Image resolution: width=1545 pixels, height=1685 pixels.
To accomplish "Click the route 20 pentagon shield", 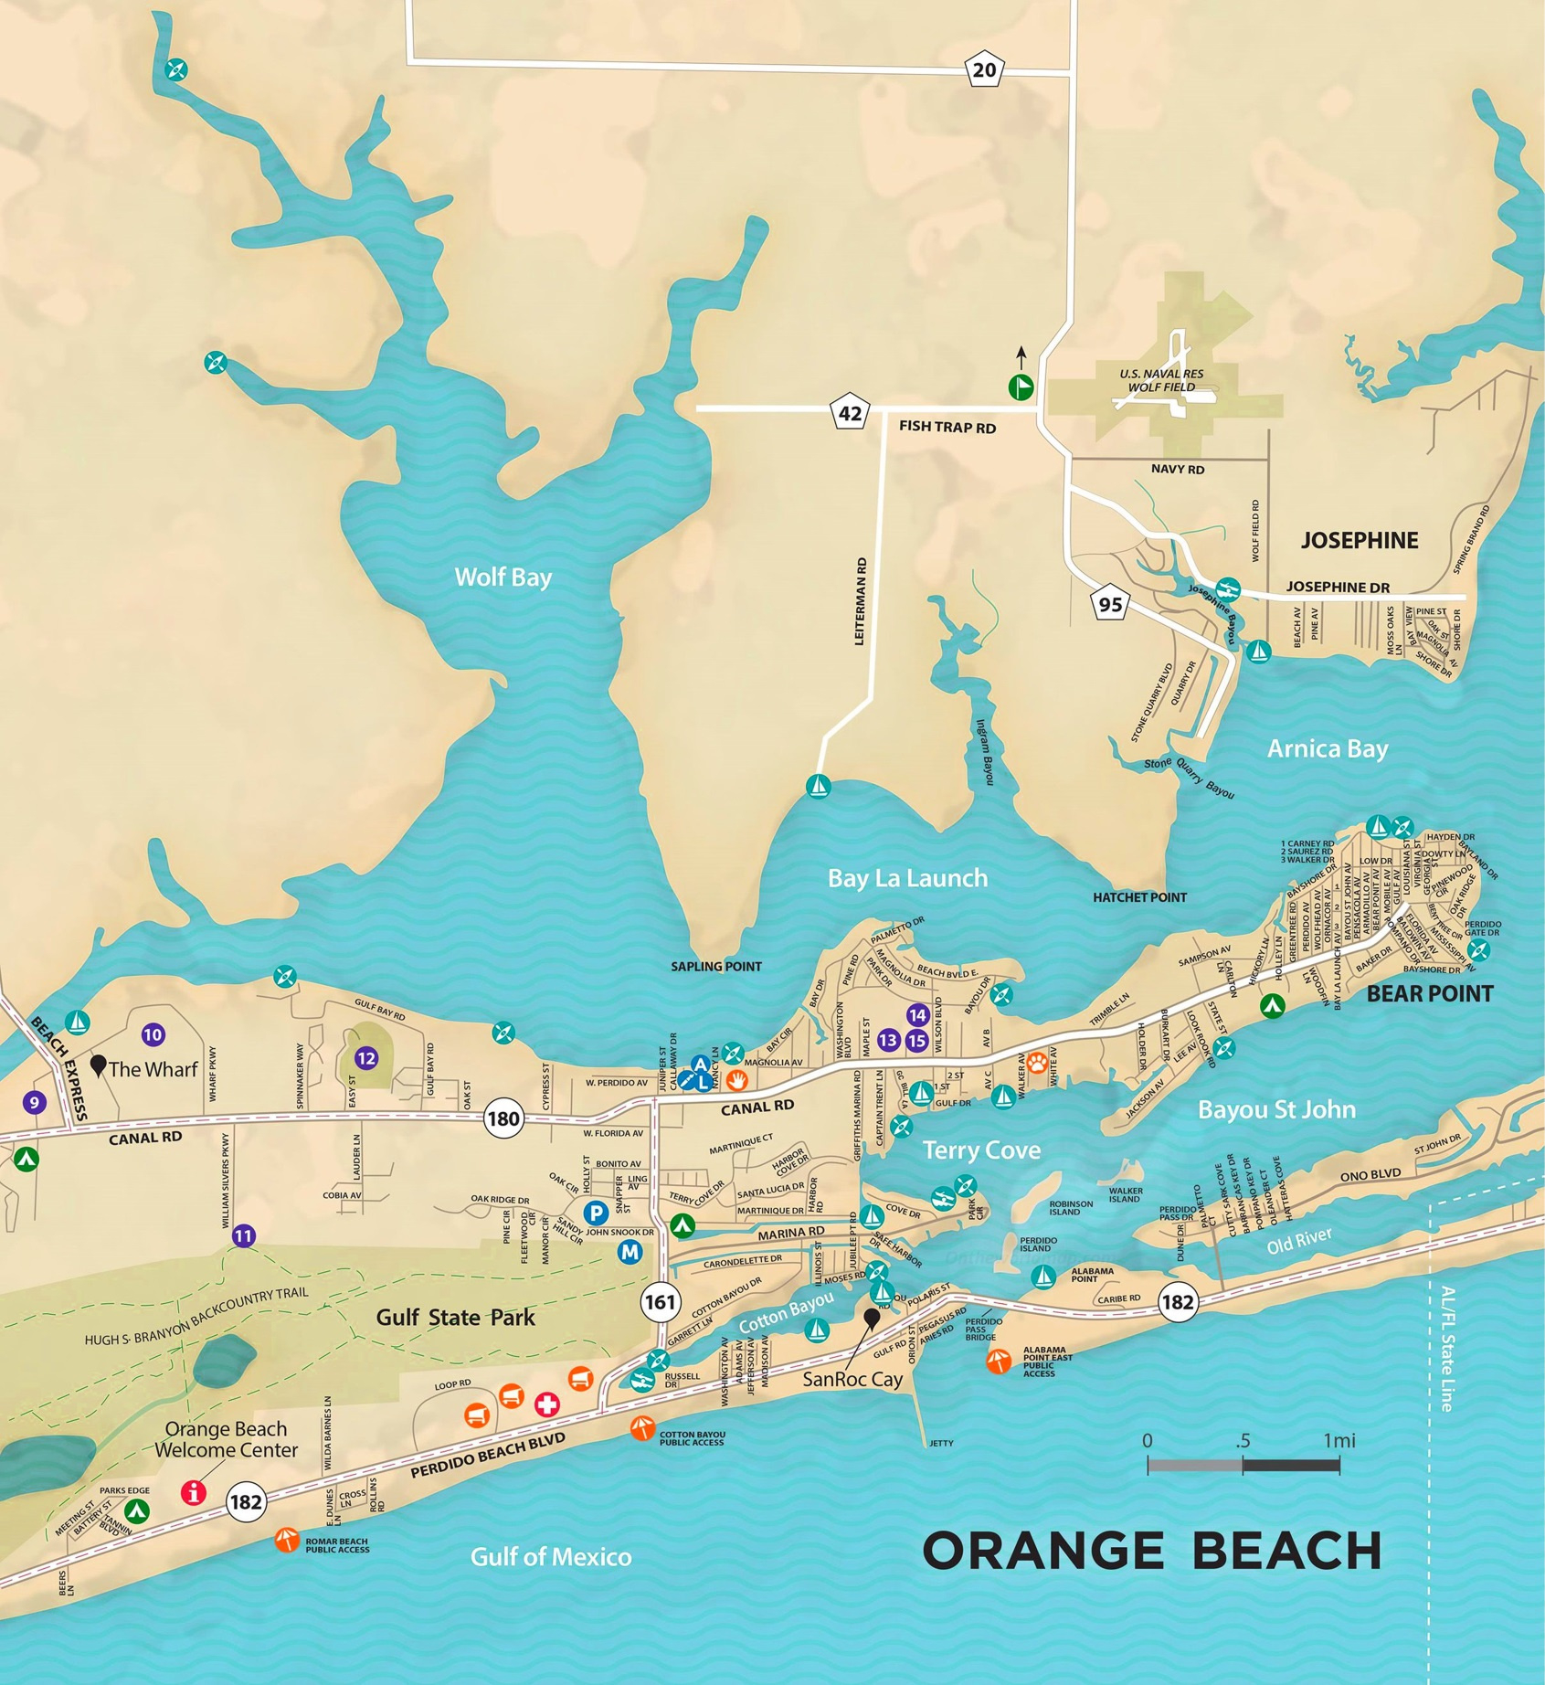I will coord(984,70).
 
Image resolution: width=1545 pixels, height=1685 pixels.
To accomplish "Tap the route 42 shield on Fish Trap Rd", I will coord(850,413).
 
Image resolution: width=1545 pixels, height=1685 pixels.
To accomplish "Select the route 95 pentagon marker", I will coord(1110,604).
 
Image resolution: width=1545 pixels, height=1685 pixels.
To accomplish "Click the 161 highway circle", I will coord(659,1301).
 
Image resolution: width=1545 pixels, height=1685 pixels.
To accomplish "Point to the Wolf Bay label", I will coord(503,578).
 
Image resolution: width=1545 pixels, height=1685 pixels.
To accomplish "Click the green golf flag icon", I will coord(1021,387).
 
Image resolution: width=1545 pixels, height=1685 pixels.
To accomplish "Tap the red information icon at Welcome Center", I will coord(193,1492).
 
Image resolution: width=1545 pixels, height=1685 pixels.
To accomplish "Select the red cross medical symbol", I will coord(546,1404).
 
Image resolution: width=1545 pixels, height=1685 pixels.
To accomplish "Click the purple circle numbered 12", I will coord(366,1058).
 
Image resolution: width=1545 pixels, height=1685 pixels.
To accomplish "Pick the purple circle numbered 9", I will coord(34,1102).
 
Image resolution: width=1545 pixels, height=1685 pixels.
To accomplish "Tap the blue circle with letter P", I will coord(596,1213).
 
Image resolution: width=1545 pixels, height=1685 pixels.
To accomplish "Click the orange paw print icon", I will coord(1036,1063).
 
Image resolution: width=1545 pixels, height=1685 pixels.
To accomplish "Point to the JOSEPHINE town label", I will coord(1359,540).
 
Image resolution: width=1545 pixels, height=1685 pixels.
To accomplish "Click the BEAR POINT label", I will coord(1429,993).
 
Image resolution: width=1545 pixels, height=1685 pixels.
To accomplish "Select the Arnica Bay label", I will coord(1327,749).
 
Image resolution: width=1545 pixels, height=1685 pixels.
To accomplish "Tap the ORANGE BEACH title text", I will coord(1151,1551).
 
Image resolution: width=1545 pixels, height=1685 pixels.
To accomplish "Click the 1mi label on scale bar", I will coord(1339,1441).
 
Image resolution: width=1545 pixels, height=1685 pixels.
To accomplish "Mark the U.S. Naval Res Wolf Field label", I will coord(1160,380).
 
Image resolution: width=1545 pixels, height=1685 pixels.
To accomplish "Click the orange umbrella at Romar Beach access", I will coord(287,1540).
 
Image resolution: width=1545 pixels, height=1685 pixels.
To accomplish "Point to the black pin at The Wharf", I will coord(99,1065).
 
